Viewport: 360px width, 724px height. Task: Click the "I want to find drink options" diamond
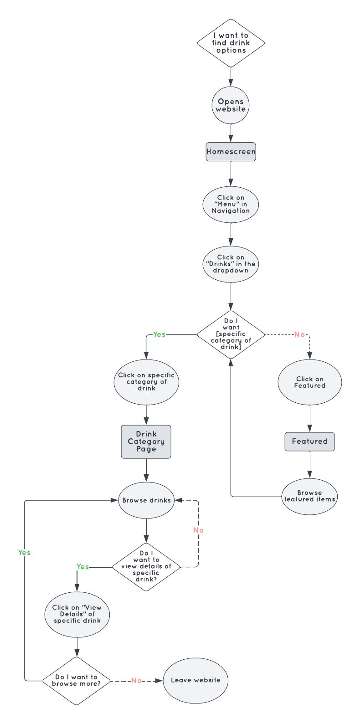coord(231,43)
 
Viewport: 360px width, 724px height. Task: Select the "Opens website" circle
coord(231,105)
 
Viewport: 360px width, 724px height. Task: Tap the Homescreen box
coord(231,152)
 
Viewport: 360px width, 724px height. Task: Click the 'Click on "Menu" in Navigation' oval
coord(231,204)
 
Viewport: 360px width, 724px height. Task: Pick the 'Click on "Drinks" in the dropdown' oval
coord(231,264)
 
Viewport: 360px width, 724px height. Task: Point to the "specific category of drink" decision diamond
coord(231,334)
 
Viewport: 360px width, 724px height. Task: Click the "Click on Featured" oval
coord(310,382)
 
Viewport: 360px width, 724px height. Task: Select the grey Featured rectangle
coord(310,442)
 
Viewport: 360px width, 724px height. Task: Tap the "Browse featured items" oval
coord(310,496)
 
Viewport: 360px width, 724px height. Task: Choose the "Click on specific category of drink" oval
coord(146,382)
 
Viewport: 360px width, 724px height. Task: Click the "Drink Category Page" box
coord(146,442)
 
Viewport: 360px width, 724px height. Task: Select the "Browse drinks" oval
coord(146,500)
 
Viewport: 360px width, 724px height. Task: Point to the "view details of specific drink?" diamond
coord(146,567)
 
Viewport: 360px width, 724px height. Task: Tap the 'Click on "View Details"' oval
coord(77,614)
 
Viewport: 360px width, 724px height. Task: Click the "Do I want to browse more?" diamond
coord(77,681)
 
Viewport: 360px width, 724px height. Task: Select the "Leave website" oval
coord(195,680)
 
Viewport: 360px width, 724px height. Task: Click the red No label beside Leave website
coord(136,681)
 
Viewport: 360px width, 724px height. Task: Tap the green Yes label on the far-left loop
coord(24,553)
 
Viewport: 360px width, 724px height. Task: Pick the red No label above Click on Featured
coord(299,334)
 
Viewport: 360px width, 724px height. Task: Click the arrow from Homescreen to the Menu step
coord(231,173)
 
